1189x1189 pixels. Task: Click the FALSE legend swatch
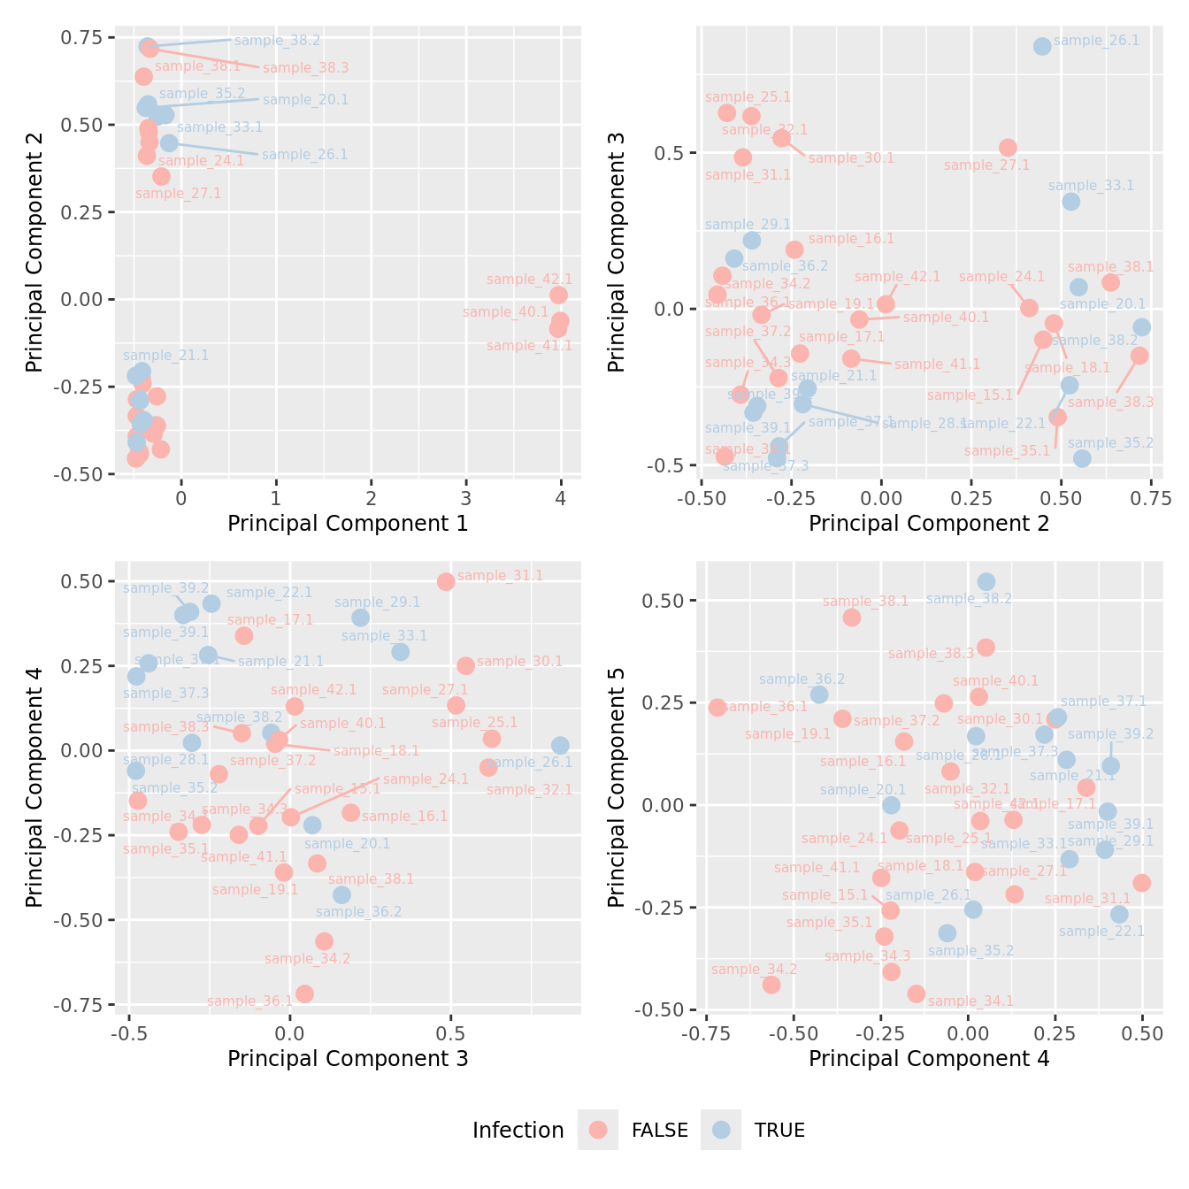[x=599, y=1130]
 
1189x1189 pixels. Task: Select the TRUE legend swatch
[x=722, y=1130]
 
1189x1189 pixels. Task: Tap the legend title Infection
[x=518, y=1131]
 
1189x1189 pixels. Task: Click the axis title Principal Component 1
[x=348, y=524]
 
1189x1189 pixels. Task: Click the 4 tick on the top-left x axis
[x=561, y=497]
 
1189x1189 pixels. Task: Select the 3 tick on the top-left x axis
[x=466, y=497]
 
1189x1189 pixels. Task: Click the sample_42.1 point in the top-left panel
[x=558, y=295]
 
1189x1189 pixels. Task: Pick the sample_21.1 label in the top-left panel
[x=165, y=356]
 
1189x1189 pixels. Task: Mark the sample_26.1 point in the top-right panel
[x=1042, y=46]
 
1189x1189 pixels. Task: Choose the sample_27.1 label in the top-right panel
[x=986, y=165]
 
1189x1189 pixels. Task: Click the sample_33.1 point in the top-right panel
[x=1070, y=202]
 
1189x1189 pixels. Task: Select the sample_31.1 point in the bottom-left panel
[x=446, y=581]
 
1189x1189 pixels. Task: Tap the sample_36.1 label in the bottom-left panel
[x=249, y=1001]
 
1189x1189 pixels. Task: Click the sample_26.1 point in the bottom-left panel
[x=560, y=746]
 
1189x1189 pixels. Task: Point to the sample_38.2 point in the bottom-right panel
[x=986, y=582]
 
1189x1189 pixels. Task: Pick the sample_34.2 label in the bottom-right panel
[x=754, y=970]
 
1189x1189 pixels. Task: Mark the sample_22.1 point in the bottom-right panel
[x=1119, y=915]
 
